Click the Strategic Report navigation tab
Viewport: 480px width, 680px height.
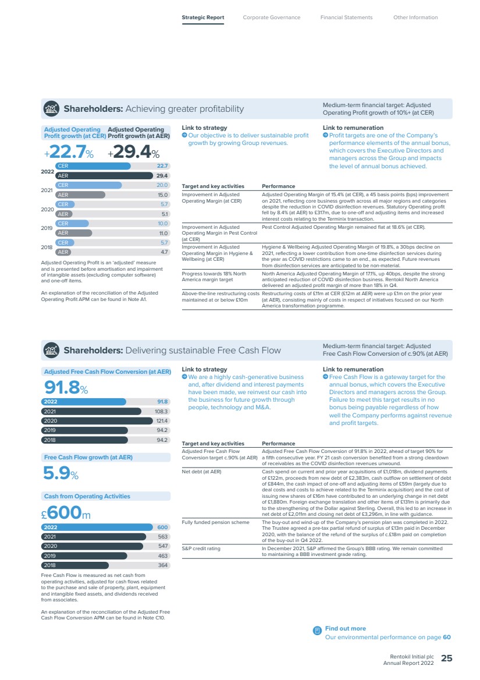(202, 17)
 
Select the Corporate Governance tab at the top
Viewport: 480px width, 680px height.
(271, 17)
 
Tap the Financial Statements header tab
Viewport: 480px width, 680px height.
(346, 17)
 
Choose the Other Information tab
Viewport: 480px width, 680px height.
(415, 17)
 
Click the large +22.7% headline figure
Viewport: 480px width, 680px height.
(69, 152)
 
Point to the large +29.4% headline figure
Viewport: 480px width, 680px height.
(133, 152)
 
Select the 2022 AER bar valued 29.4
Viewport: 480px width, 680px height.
(104, 176)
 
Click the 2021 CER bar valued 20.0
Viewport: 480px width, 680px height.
(88, 185)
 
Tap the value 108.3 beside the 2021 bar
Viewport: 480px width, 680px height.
(161, 411)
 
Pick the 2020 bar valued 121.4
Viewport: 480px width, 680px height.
(97, 421)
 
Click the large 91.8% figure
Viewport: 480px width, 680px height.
(66, 387)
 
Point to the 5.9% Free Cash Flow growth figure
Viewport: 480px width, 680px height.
(61, 473)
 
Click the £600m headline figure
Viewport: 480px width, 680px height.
(66, 512)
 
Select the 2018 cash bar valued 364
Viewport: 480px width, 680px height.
(75, 565)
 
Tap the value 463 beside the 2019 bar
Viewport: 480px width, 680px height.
(162, 555)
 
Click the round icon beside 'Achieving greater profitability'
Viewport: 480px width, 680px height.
(51, 108)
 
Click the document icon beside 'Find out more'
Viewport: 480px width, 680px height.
(317, 630)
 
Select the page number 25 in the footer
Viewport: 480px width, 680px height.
(446, 658)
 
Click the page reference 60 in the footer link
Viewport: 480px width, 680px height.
(447, 637)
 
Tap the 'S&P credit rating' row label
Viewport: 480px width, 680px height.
(201, 548)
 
